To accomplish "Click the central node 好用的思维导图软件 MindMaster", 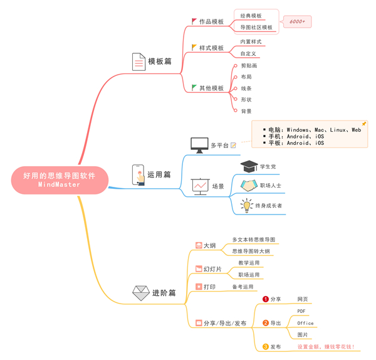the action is click(60, 180).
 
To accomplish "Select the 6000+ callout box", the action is click(297, 21).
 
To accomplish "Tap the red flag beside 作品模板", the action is click(194, 21).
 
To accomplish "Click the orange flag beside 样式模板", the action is click(194, 47).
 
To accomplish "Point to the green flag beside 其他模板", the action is click(194, 88).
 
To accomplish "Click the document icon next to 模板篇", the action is click(139, 61).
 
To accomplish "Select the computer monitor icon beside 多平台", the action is click(199, 146).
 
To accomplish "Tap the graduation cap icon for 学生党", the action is click(249, 166).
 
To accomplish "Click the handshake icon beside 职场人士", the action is click(249, 186).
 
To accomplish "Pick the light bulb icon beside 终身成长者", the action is click(247, 206).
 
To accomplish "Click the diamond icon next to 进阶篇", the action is click(141, 293).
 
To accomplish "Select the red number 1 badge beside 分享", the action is click(266, 299).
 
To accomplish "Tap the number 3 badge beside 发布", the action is click(266, 347).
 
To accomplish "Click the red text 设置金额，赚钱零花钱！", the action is click(326, 347).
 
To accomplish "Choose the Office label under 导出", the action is click(305, 323).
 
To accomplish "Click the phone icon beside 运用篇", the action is click(138, 175).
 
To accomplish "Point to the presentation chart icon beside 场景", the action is click(201, 186).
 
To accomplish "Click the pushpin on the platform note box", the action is click(363, 124).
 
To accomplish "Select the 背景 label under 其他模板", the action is click(246, 111).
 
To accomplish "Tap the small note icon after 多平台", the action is click(233, 146).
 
